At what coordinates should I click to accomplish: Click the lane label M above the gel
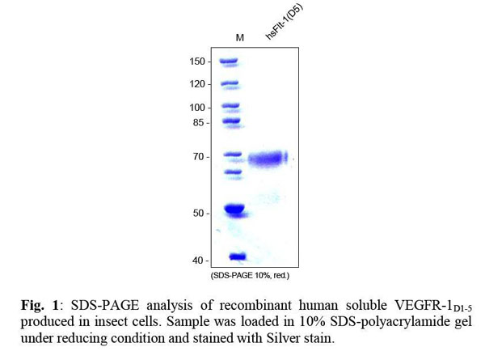239,38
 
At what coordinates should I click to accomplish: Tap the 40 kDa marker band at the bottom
237,257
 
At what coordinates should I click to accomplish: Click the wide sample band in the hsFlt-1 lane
268,159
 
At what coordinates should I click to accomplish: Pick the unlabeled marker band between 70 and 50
233,172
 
